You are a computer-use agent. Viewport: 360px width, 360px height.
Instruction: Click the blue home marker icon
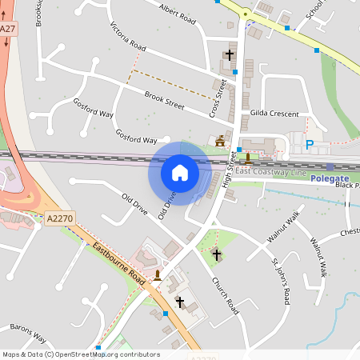point(180,173)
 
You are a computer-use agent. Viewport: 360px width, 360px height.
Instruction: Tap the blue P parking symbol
point(309,145)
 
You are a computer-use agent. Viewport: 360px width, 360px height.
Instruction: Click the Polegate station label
point(330,178)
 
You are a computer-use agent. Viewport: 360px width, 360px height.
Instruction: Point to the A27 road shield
point(8,29)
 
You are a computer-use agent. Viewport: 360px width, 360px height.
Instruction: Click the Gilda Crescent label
point(274,114)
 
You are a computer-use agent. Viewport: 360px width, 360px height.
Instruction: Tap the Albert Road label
point(178,15)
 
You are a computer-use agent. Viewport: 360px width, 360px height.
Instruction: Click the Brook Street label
point(164,102)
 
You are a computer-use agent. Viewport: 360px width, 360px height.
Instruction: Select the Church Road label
point(225,294)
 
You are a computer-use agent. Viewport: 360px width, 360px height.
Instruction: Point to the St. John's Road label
point(279,280)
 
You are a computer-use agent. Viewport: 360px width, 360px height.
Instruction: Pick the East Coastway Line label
point(270,172)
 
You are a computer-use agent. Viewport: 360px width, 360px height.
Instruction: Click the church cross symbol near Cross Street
point(230,54)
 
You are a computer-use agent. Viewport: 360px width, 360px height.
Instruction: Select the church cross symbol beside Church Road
point(216,254)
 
